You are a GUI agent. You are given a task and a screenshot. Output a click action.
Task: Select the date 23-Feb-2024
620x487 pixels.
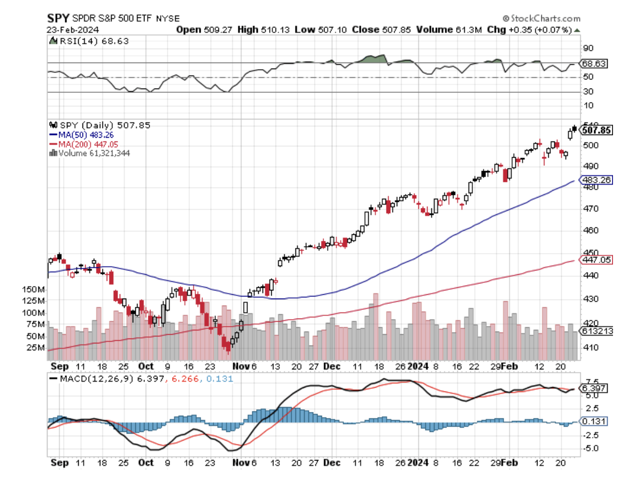(68, 29)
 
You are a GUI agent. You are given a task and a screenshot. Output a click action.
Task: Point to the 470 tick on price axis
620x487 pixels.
(590, 208)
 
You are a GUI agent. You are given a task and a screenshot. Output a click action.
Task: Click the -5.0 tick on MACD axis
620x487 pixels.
(590, 448)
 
